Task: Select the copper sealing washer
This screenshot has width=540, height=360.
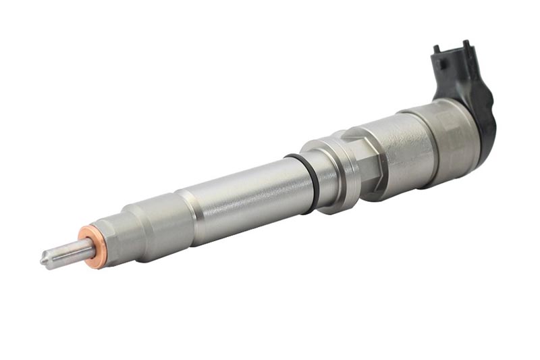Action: point(89,247)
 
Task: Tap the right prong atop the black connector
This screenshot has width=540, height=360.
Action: point(466,45)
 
